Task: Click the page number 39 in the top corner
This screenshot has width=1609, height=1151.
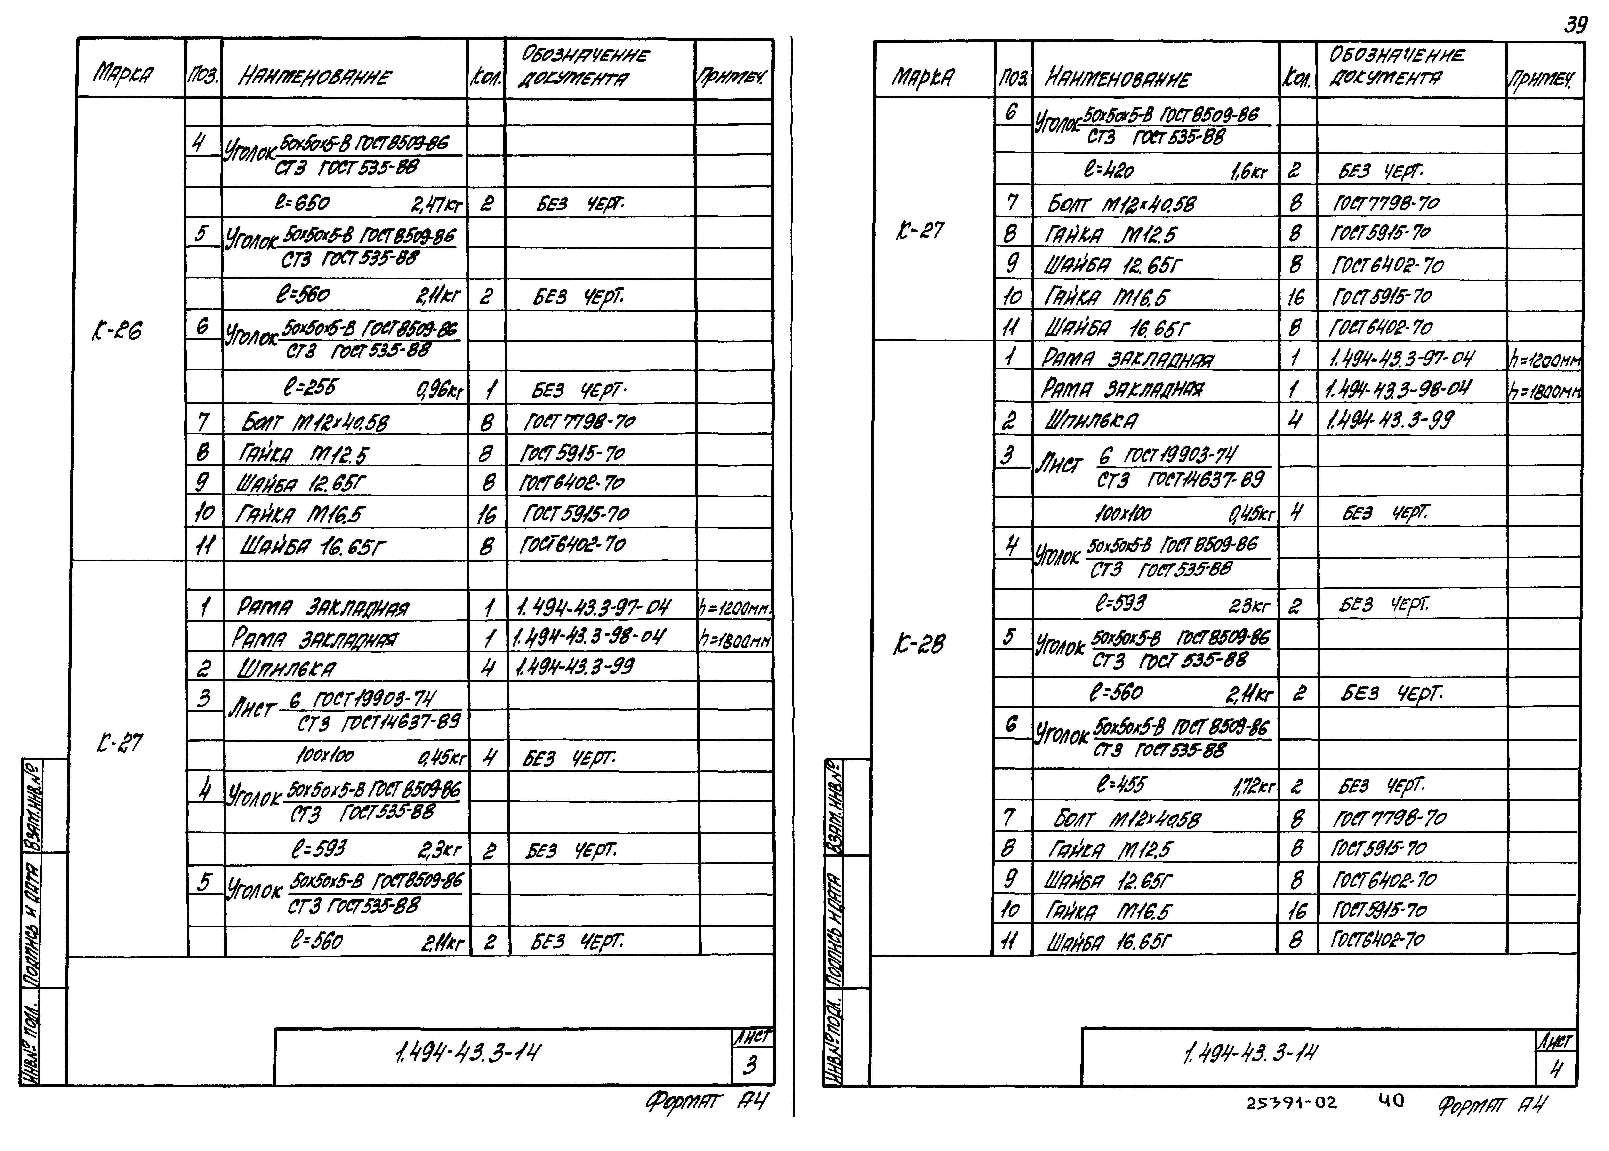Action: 1575,25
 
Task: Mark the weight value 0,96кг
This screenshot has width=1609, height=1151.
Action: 439,390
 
